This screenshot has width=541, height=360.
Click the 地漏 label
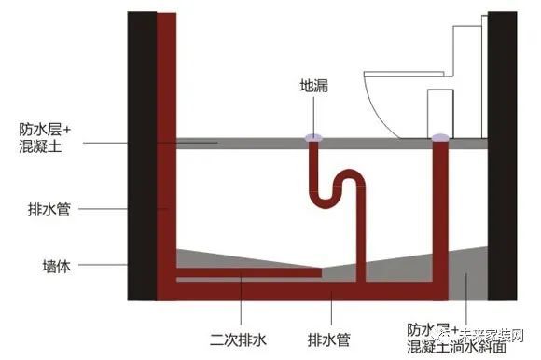[x=312, y=86]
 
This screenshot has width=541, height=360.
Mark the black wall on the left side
[x=141, y=159]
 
